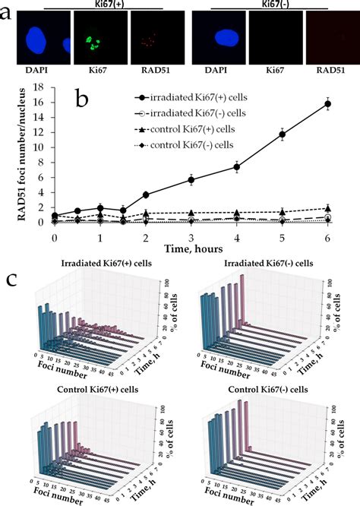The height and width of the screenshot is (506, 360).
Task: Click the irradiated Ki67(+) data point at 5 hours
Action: point(283,134)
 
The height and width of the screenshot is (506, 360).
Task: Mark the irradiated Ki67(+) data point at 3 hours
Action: point(191,179)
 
